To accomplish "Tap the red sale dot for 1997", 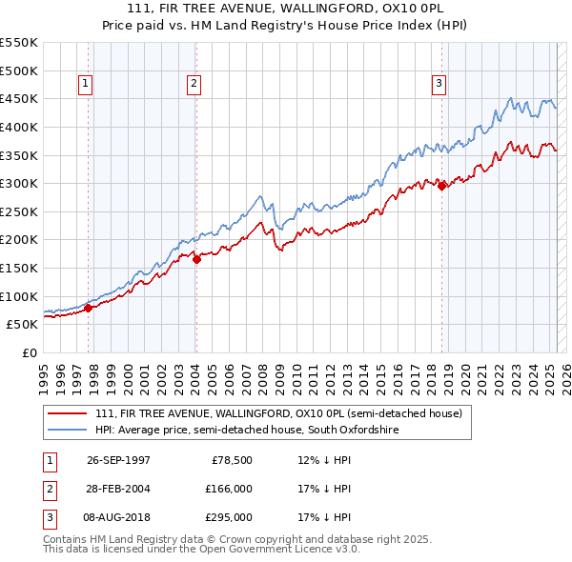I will tap(89, 308).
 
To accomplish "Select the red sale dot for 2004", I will tap(196, 258).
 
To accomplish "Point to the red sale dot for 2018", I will tap(441, 187).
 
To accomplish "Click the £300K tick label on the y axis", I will tap(19, 183).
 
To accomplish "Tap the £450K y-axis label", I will tap(19, 98).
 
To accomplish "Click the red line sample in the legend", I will tap(68, 413).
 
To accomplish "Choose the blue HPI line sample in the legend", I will tap(68, 430).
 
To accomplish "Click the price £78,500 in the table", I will tap(232, 459).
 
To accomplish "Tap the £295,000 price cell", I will tap(229, 518).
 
